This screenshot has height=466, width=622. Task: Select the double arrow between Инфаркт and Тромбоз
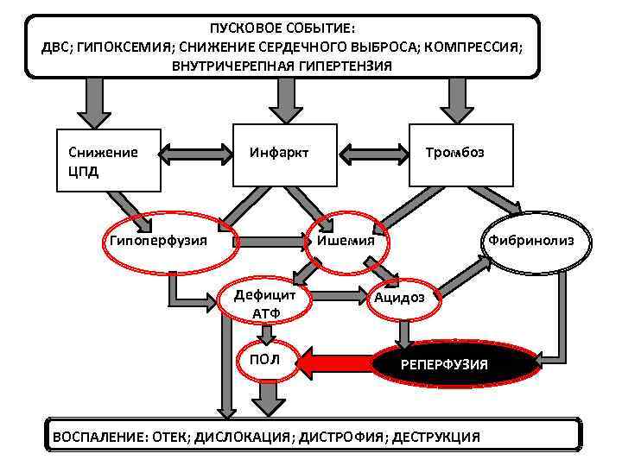point(373,154)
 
